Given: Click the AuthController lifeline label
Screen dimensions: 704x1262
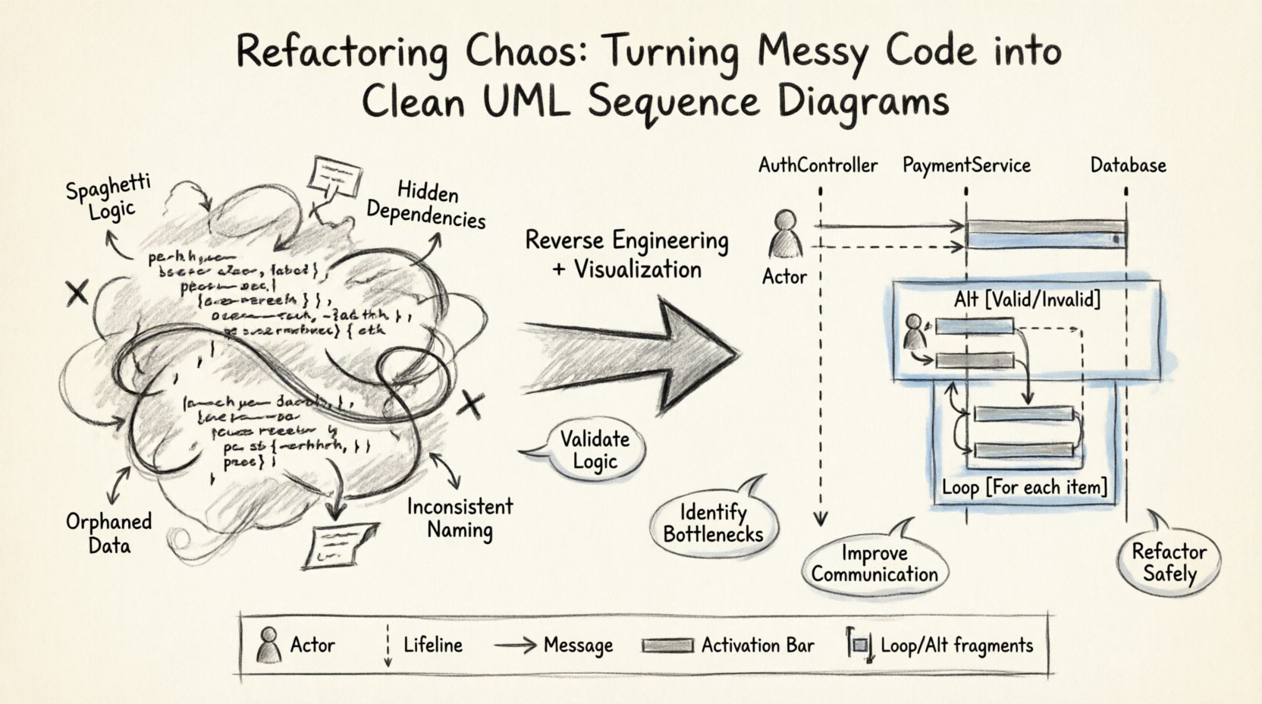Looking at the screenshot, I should pyautogui.click(x=818, y=165).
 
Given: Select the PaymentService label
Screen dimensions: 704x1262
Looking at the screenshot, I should pyautogui.click(x=966, y=165).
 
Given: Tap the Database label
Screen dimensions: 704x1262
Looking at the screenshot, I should pyautogui.click(x=1128, y=165).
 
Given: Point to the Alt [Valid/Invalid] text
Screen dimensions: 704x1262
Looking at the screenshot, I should pyautogui.click(x=1027, y=299).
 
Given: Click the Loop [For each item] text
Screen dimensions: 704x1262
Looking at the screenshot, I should pyautogui.click(x=1025, y=486).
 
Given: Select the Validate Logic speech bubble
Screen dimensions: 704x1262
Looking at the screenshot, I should pyautogui.click(x=595, y=450).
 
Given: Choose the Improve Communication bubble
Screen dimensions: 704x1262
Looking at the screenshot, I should pyautogui.click(x=874, y=564).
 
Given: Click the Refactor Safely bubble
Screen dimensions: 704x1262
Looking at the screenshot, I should pyautogui.click(x=1169, y=562).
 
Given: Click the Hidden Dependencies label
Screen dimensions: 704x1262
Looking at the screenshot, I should pyautogui.click(x=426, y=205).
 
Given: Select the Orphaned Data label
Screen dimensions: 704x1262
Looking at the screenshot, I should pyautogui.click(x=108, y=533).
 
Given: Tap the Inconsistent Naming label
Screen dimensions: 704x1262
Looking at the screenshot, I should pyautogui.click(x=460, y=517).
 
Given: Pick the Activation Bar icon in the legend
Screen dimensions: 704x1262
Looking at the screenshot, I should pyautogui.click(x=667, y=646).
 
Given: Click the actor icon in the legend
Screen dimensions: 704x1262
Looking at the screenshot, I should pyautogui.click(x=268, y=646).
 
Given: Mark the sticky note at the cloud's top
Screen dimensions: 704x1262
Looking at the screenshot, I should pyautogui.click(x=334, y=176).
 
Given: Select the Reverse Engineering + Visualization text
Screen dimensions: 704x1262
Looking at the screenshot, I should pyautogui.click(x=626, y=254).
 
